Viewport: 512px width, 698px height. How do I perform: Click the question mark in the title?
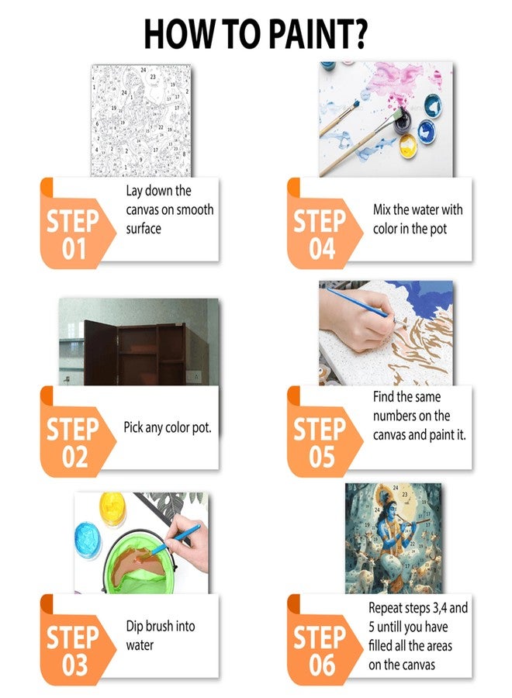359,34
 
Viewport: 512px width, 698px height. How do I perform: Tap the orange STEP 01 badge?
77,223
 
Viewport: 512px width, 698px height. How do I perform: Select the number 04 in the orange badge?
322,249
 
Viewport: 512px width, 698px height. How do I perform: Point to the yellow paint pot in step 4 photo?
407,144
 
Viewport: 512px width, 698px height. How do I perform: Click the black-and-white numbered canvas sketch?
140,120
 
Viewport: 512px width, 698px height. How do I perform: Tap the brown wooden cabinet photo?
139,341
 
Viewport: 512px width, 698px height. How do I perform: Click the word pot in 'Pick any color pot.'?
202,428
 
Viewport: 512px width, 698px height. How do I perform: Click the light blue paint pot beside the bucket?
88,540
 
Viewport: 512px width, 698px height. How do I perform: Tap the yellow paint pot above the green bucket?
112,509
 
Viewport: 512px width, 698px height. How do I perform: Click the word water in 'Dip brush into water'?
140,645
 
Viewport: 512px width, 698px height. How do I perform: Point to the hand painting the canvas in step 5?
356,319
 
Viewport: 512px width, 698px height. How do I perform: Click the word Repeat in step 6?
386,609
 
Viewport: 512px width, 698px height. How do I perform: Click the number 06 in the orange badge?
322,665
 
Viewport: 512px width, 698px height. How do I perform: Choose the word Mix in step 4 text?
382,209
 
